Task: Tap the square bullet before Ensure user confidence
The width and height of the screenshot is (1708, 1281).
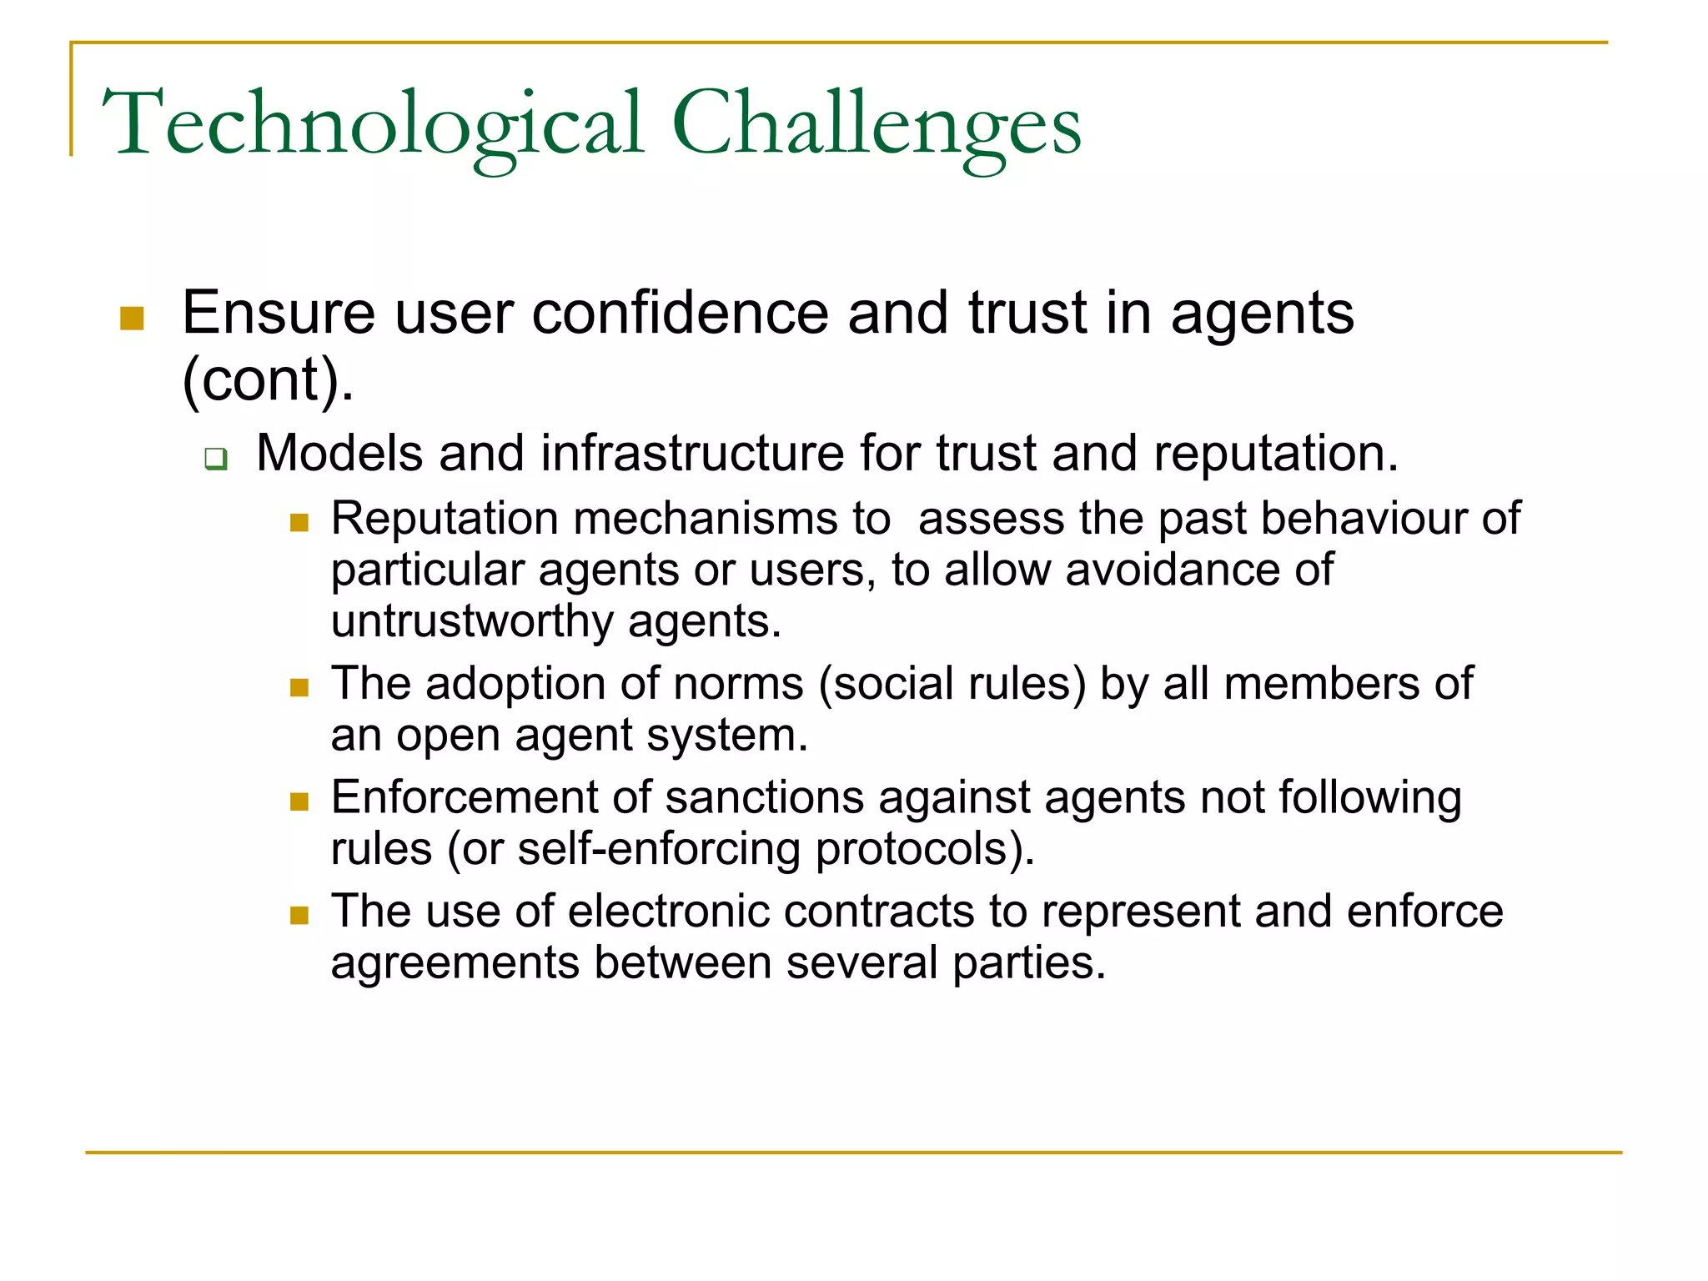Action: click(x=132, y=318)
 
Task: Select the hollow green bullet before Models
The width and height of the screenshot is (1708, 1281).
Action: click(x=216, y=458)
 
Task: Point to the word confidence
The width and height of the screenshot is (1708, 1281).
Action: click(x=680, y=314)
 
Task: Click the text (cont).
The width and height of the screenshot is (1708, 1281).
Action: click(x=267, y=379)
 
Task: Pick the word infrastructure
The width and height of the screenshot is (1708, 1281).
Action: click(x=693, y=454)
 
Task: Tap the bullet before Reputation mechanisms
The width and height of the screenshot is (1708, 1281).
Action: click(x=299, y=523)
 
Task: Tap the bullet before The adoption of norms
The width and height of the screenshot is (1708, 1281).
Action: click(x=299, y=688)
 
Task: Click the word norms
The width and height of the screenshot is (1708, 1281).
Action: click(x=738, y=684)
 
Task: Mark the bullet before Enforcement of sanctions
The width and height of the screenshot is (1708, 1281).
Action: click(x=299, y=802)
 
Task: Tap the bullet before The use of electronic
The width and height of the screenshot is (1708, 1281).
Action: click(x=299, y=916)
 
